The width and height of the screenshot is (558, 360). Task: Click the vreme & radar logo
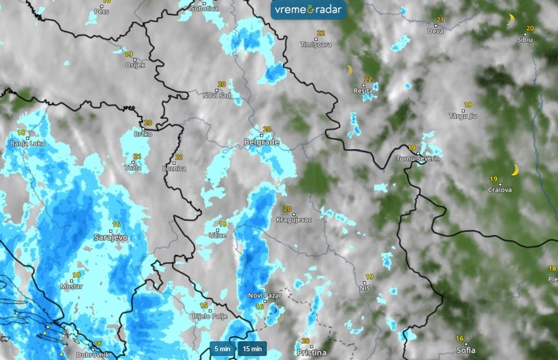(x=309, y=10)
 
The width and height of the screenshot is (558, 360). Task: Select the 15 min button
(x=251, y=349)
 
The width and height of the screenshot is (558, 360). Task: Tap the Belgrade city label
(x=261, y=142)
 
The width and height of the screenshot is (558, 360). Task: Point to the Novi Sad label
(x=217, y=96)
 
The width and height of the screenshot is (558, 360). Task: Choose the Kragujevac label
(x=293, y=219)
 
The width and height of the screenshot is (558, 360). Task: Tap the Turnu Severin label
(x=418, y=159)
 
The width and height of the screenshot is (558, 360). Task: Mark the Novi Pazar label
(x=265, y=296)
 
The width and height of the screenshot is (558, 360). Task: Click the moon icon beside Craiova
(x=515, y=170)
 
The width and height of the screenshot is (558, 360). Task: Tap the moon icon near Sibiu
(x=511, y=20)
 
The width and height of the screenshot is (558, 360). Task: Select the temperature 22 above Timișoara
(x=320, y=33)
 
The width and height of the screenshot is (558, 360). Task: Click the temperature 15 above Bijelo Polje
(x=204, y=305)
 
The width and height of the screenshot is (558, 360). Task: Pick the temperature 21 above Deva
(x=440, y=20)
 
